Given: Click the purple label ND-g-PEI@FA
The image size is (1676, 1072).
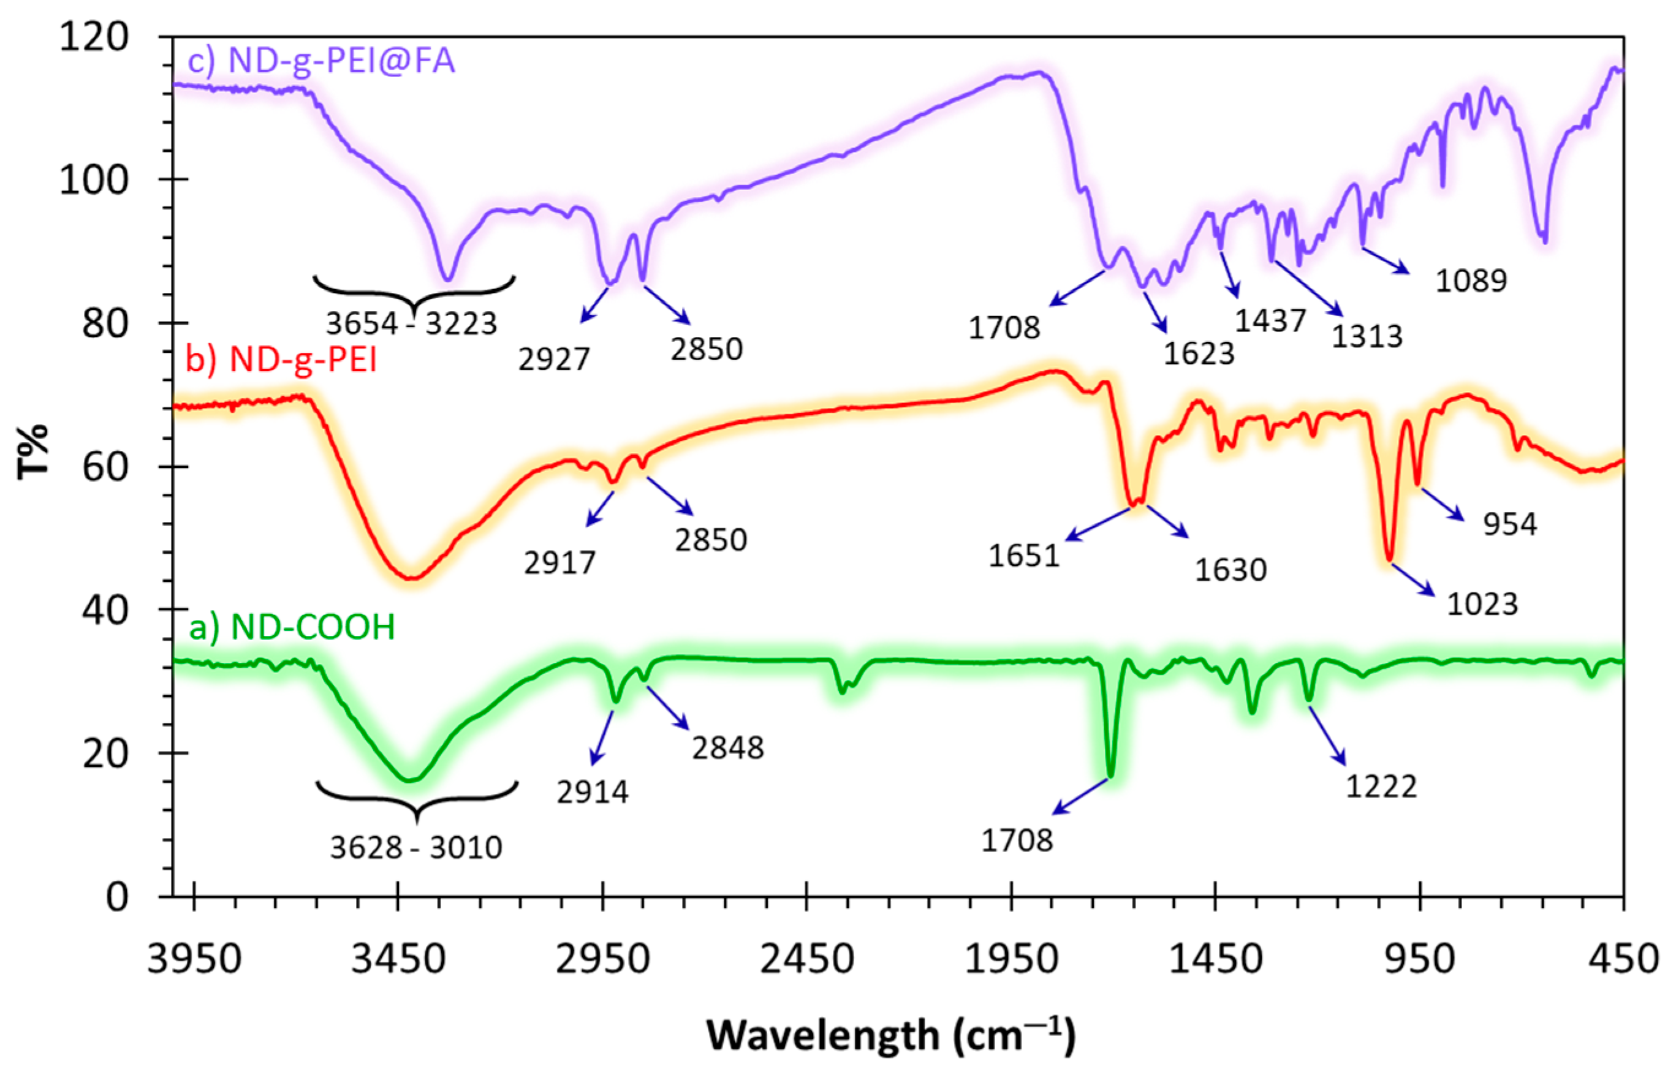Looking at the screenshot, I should point(321,61).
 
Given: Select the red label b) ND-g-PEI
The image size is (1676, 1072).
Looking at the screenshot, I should point(281,360).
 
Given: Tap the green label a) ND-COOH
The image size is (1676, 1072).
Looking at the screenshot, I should point(292,627).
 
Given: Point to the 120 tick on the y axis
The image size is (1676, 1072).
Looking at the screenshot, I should point(93,36).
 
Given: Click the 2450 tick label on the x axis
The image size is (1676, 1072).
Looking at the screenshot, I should point(806,959).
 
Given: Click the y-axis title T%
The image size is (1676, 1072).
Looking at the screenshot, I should point(32,450).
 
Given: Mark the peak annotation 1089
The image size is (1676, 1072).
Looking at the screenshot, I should point(1471,281).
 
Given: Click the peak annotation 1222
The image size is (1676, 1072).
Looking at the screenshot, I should point(1381,787).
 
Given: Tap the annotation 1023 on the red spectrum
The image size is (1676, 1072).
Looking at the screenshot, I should point(1482,603).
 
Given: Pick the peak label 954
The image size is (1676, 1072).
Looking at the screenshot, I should point(1509,524).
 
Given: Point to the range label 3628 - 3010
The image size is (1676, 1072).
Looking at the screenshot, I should point(415,847).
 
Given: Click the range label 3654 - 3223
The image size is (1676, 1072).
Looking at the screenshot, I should point(412,323).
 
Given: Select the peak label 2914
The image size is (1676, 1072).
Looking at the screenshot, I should point(593,791).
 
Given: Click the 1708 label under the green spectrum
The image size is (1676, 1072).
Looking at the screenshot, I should point(1017,840).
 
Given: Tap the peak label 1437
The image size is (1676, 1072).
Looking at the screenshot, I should point(1270,320).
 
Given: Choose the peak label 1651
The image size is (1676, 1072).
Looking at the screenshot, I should point(1024,556).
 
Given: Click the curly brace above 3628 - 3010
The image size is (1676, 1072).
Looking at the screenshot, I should point(416,798).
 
